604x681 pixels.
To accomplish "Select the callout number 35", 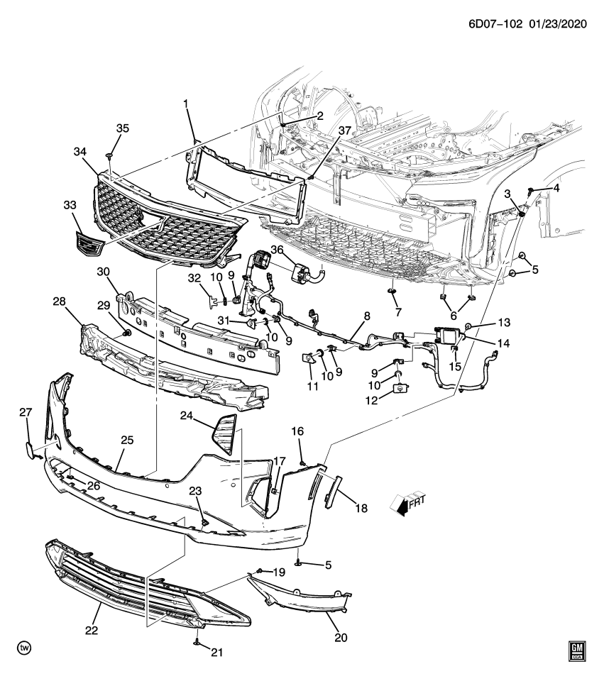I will pos(123,128).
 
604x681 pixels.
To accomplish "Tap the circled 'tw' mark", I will pos(26,648).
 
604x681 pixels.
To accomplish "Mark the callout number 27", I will pos(26,413).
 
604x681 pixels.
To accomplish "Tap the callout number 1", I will pos(186,104).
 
